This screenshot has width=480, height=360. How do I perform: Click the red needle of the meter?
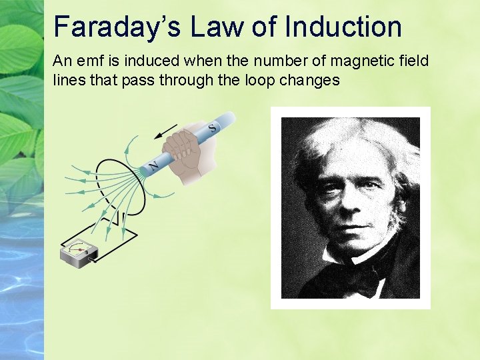point(80,249)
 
